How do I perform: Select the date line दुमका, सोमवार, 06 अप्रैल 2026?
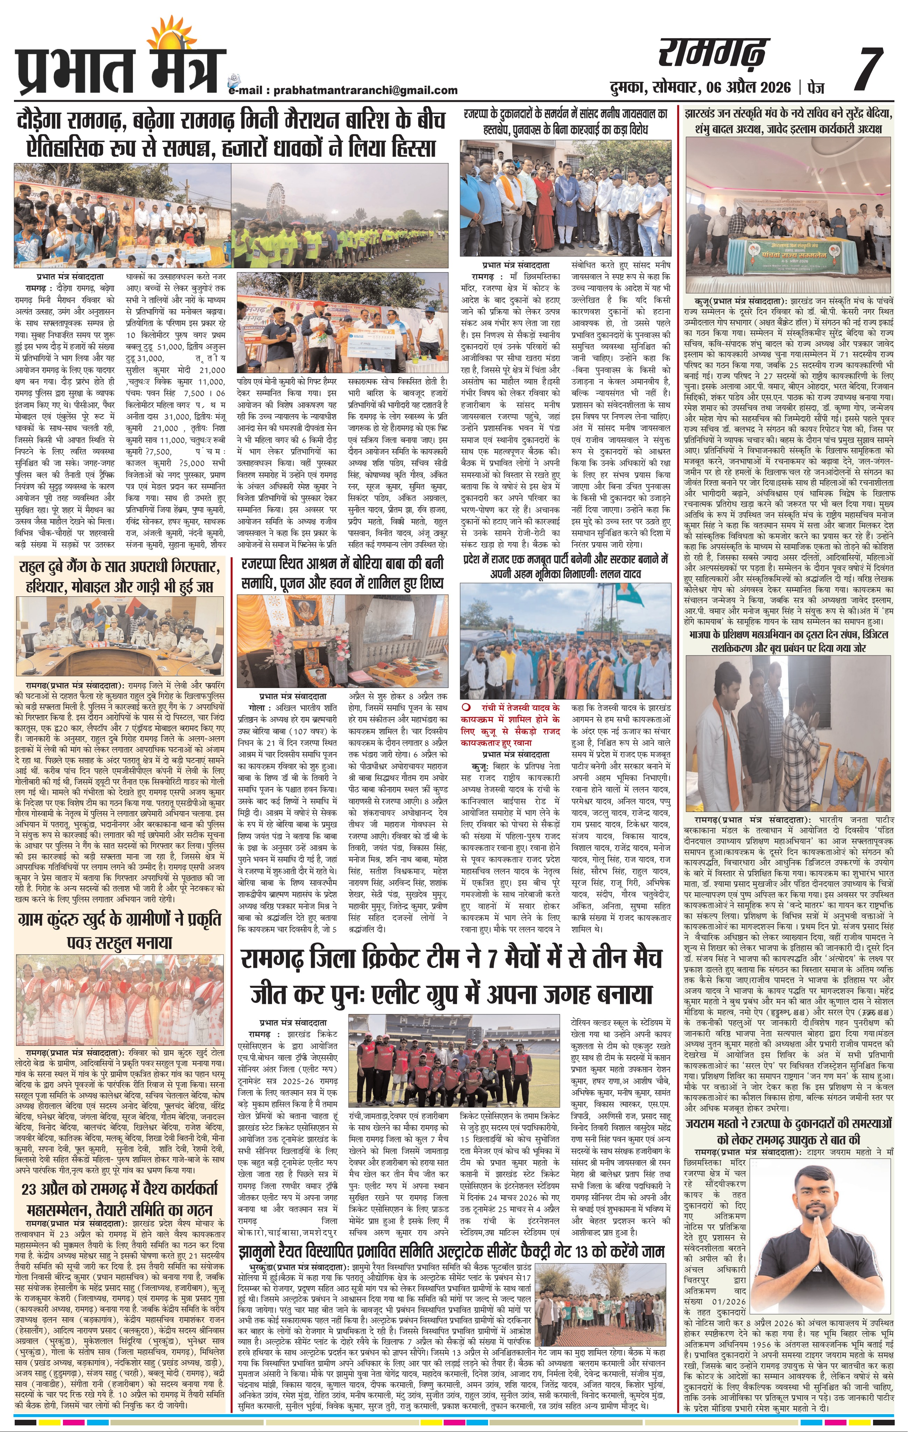tap(700, 88)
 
